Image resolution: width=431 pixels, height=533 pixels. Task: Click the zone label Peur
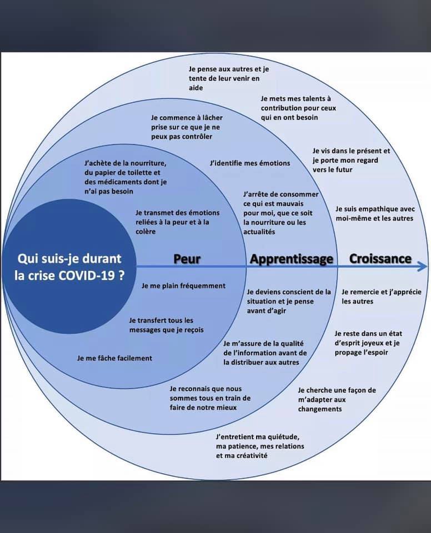coord(187,259)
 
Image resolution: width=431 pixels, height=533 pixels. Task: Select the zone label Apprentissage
coord(292,260)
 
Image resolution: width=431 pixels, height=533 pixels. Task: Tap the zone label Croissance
coord(380,259)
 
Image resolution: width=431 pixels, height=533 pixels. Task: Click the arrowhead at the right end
coord(423,266)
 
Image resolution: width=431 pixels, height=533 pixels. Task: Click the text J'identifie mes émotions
coord(250,163)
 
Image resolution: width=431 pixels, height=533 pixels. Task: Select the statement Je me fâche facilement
coord(114,358)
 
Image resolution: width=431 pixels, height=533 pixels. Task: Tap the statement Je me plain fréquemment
coord(183,286)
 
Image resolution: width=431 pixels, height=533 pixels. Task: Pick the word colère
coord(146,232)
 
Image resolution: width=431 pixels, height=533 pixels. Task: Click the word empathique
coord(373,209)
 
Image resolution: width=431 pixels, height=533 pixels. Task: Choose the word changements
coord(320,409)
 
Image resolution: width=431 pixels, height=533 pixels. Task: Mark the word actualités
coord(259,232)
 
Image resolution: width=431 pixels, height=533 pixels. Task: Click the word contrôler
coord(197,137)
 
